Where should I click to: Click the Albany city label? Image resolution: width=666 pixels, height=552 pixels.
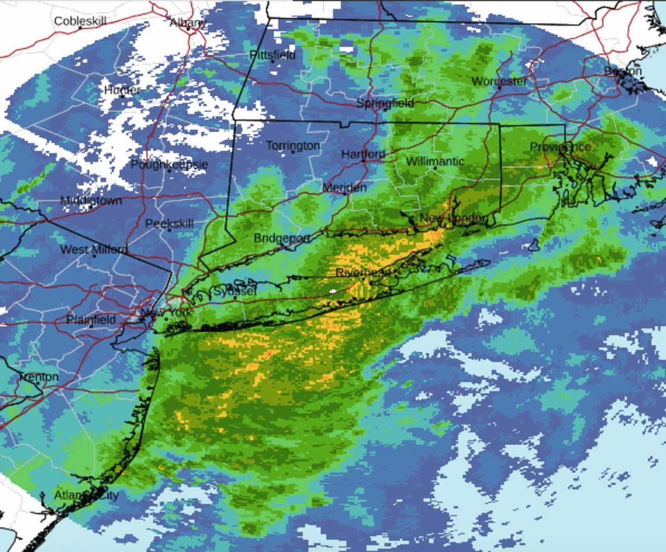[188, 22]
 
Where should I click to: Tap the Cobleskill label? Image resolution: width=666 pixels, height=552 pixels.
[80, 21]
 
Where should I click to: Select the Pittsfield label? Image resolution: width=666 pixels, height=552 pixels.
[272, 55]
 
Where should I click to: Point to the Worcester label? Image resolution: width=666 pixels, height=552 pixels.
[499, 81]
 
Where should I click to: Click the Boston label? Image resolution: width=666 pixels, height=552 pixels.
[623, 71]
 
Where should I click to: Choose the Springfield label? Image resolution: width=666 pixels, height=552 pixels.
[385, 103]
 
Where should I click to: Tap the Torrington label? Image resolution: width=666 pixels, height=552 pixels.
[293, 146]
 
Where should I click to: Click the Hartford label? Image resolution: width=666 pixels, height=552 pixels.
[363, 154]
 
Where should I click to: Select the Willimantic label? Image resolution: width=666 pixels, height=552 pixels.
[435, 161]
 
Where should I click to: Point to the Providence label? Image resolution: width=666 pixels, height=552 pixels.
[560, 147]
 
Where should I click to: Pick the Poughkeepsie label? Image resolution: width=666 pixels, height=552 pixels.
[169, 164]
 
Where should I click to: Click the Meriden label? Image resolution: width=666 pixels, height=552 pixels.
[344, 187]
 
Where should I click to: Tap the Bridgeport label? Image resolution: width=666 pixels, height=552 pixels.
[281, 238]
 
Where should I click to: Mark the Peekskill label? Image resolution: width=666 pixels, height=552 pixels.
[169, 224]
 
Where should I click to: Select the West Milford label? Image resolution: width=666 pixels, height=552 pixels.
[94, 250]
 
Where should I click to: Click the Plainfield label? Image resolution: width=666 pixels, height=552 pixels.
[91, 319]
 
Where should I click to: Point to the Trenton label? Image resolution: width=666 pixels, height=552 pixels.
[39, 377]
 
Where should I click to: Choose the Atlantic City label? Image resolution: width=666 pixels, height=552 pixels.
[86, 495]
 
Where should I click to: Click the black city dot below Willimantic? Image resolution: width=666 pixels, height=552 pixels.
[435, 168]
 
